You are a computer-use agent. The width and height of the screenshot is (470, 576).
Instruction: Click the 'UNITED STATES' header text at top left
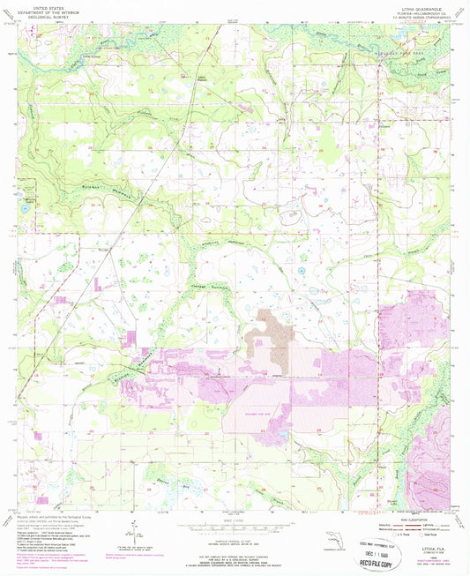pyautogui.click(x=42, y=5)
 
